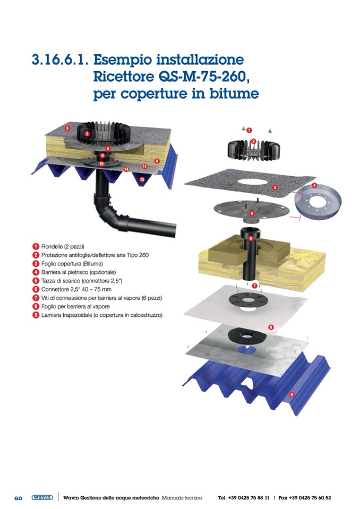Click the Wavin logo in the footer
point(42,497)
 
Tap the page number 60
point(18,498)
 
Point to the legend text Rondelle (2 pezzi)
point(63,247)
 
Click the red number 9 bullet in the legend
point(36,315)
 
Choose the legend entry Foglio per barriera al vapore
point(75,306)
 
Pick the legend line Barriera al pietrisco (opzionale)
point(78,272)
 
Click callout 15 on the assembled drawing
point(142,179)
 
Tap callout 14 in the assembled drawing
point(126,169)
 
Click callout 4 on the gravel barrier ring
point(314,185)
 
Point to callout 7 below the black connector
point(254,286)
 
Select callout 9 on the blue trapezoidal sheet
point(292,394)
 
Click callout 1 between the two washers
point(249,130)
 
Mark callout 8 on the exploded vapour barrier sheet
point(271,327)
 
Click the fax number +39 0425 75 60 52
point(310,498)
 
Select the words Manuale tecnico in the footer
point(182,498)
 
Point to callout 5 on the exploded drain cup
point(252,213)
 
